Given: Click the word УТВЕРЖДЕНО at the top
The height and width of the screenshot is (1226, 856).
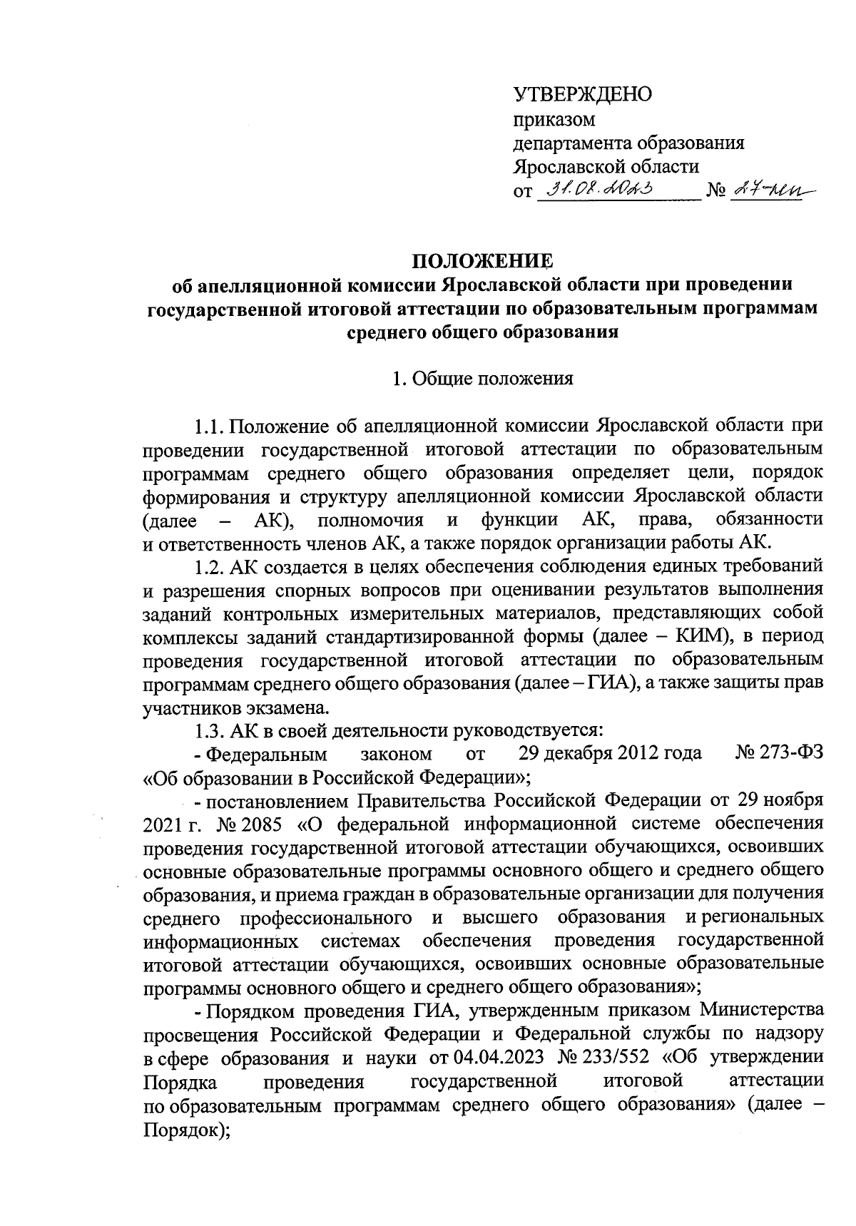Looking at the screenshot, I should (x=583, y=94).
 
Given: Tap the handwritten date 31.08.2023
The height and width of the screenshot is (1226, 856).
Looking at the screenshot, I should (x=601, y=190).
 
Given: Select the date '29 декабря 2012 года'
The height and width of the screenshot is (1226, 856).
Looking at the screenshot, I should (x=610, y=754).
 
